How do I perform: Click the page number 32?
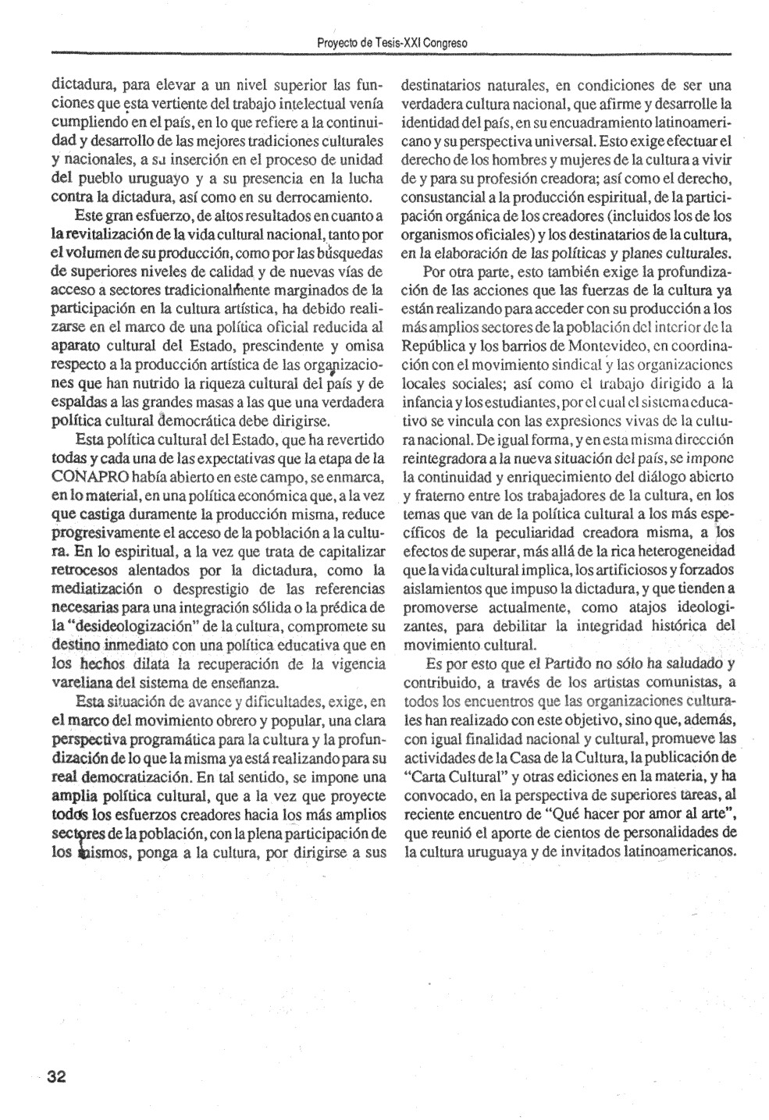pos(56,1076)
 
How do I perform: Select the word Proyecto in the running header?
pos(336,43)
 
